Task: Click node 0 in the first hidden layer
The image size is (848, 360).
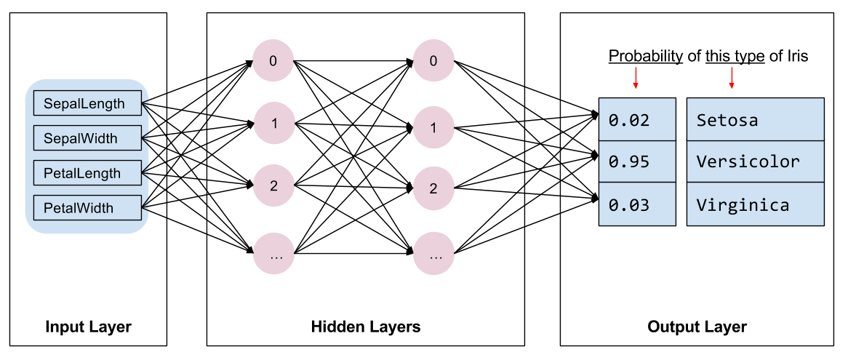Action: [273, 61]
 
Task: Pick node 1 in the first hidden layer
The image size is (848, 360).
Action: [273, 123]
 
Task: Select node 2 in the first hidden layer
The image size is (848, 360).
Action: [273, 185]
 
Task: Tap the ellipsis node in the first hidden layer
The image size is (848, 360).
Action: [273, 255]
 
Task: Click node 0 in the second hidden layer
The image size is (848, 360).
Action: [433, 61]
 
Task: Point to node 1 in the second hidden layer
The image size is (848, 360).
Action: [433, 128]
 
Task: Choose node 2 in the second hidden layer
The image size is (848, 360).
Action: [433, 189]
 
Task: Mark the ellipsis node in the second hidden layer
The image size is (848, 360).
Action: [433, 256]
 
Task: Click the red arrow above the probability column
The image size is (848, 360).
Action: [636, 78]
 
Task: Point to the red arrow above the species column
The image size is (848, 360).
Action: [732, 78]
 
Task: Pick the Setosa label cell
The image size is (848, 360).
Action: [755, 119]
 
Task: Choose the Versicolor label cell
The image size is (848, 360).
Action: [755, 161]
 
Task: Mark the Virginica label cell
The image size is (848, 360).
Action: [755, 204]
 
